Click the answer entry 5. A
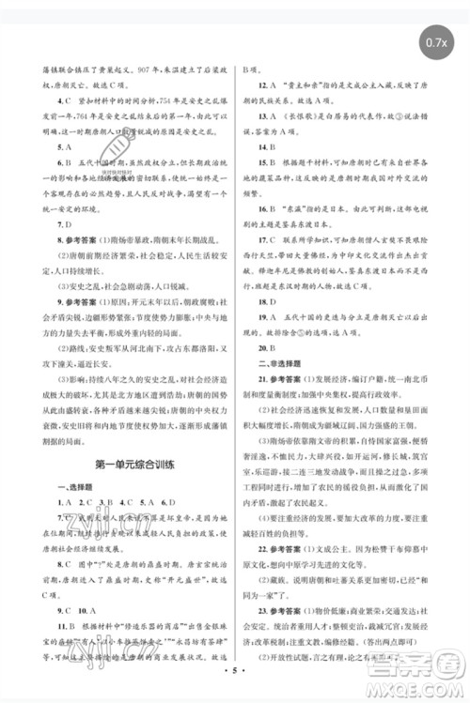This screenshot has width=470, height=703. coord(65,147)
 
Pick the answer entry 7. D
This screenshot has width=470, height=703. coord(65,226)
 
